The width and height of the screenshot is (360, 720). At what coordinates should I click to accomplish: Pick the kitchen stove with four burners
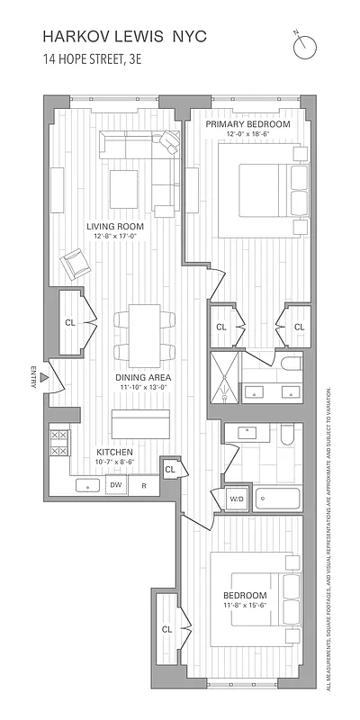tap(59, 444)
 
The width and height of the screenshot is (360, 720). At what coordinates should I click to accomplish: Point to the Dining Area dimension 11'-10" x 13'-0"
tap(142, 388)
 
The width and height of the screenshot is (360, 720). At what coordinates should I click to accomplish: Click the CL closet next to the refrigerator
tap(169, 469)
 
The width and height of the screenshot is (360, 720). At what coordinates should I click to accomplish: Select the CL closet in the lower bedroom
tap(167, 629)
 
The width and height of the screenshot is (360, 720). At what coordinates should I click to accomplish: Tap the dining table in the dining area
tap(143, 335)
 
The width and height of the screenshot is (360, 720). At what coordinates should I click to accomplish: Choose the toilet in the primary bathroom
tap(289, 365)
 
